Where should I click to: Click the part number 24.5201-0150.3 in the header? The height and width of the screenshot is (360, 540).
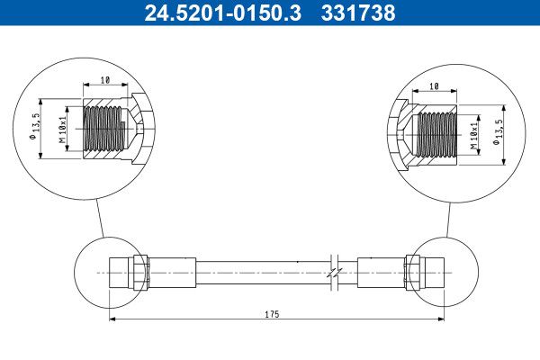[x=223, y=13]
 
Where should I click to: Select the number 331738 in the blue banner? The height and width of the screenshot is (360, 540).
[x=358, y=13]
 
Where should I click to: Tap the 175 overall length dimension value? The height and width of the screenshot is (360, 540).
[x=272, y=314]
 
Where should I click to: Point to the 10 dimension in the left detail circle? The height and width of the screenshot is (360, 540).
[x=105, y=80]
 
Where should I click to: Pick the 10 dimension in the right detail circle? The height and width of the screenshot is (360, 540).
[x=435, y=86]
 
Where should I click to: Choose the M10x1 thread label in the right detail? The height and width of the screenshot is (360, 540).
[x=474, y=135]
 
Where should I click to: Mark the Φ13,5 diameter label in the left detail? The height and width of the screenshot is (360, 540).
[x=36, y=126]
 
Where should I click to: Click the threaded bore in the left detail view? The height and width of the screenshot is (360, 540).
[x=103, y=129]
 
